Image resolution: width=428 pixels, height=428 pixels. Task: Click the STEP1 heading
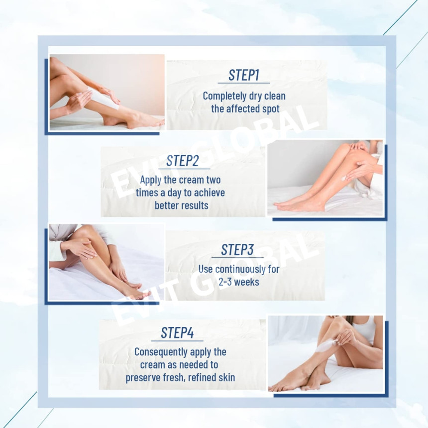click(x=244, y=75)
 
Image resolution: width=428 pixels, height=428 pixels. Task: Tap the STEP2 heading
click(x=182, y=161)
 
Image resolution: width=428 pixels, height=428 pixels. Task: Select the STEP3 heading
click(x=237, y=249)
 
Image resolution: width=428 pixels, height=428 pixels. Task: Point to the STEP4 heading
click(x=177, y=333)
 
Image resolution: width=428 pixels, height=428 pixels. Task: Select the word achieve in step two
click(x=210, y=193)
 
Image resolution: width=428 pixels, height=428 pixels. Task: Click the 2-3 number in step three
click(x=224, y=282)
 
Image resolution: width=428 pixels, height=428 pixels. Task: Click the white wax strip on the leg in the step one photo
click(x=103, y=98)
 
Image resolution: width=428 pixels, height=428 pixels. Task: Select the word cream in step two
click(x=191, y=180)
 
